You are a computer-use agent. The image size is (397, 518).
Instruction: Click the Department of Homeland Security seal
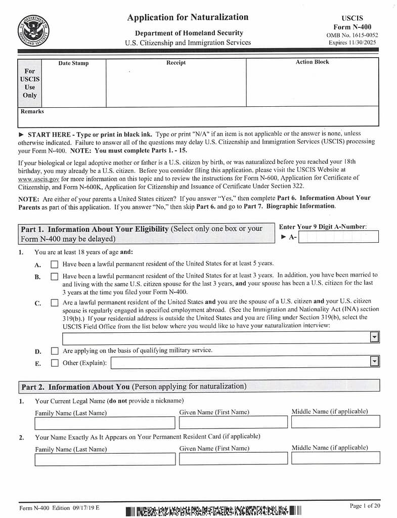[34, 30]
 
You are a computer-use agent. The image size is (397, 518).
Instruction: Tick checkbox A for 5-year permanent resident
[55, 264]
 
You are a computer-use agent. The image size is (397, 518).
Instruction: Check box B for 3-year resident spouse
[55, 277]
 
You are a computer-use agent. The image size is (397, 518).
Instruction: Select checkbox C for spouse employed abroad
[55, 303]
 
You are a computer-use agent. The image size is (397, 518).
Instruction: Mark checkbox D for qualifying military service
[55, 351]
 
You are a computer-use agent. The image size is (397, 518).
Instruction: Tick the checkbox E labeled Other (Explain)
[55, 363]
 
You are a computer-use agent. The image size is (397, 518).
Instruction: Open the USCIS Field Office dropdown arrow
[374, 337]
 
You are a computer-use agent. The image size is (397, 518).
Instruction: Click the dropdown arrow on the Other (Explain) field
[374, 362]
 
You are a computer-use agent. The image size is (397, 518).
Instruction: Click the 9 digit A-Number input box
[338, 237]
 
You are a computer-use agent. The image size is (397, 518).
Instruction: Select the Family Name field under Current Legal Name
[105, 422]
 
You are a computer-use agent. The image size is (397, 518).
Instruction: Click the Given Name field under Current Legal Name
[233, 422]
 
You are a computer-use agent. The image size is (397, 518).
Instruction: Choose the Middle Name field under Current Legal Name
[335, 421]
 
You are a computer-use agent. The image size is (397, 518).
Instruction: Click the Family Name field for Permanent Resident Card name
[105, 459]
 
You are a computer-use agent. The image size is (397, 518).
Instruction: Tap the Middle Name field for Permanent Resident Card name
[335, 458]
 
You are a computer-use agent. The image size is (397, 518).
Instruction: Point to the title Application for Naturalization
[188, 18]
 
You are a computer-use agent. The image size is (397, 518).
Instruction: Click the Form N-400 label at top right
[352, 27]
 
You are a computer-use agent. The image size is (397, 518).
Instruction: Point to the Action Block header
[312, 62]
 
